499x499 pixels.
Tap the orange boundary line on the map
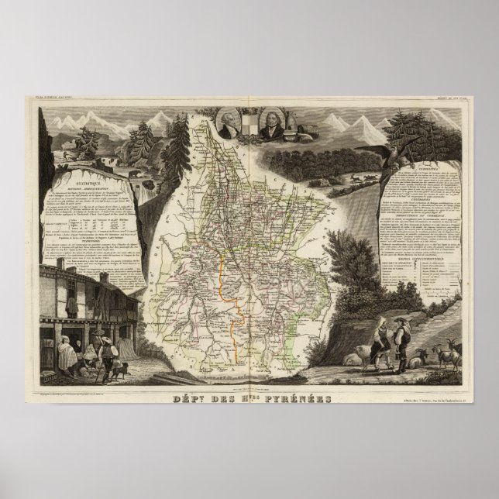[229, 287]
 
